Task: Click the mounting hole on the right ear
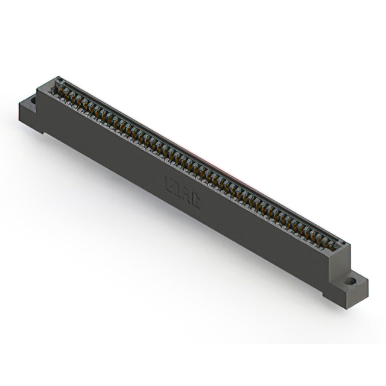(350, 280)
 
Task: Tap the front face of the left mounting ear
(27, 115)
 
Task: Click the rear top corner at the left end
(59, 77)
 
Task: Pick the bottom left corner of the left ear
(20, 119)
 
